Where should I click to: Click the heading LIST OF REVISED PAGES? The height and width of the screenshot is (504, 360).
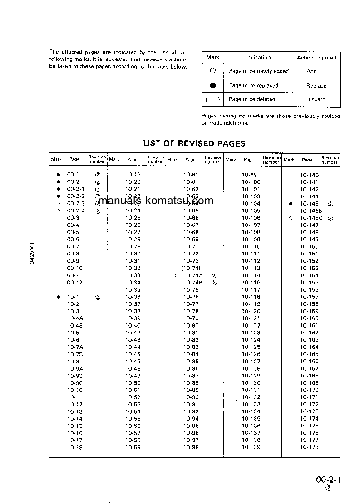[x=194, y=143]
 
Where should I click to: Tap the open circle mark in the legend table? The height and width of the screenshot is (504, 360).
[x=212, y=71]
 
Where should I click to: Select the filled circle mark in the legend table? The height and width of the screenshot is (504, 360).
[x=213, y=85]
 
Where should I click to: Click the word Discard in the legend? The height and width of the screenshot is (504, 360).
[x=316, y=99]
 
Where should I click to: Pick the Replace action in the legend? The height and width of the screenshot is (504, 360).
[x=316, y=86]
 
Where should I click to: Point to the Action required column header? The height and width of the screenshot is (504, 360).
[x=316, y=58]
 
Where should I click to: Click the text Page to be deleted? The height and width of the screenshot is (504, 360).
[x=252, y=99]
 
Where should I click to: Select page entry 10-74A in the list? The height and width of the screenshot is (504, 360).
[x=192, y=275]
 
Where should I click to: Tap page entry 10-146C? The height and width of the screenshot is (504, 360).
[x=311, y=218]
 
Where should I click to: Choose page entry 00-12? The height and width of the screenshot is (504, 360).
[x=74, y=283]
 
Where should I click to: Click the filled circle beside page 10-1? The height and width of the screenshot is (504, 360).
[x=58, y=297]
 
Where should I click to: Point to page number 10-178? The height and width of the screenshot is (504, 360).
[x=309, y=447]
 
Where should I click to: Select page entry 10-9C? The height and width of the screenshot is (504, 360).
[x=75, y=383]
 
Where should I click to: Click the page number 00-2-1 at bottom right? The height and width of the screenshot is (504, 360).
[x=328, y=480]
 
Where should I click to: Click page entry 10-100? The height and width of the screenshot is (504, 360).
[x=251, y=182]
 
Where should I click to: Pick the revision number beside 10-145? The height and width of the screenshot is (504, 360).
[x=330, y=204]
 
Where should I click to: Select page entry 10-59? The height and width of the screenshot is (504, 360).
[x=133, y=447]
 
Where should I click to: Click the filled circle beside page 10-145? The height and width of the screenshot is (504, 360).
[x=291, y=204]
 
